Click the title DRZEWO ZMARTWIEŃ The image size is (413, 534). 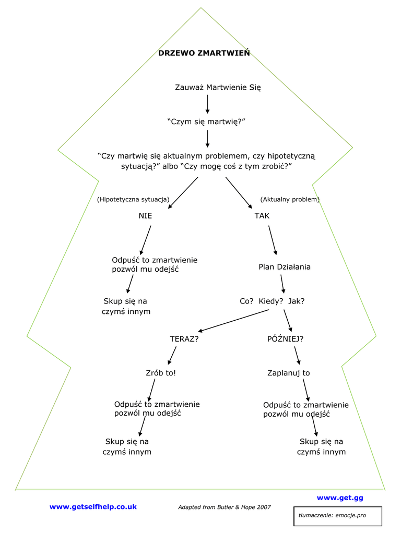(x=204, y=53)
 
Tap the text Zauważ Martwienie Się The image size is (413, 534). (x=218, y=87)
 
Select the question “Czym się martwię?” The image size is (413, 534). (x=206, y=122)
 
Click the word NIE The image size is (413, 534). (x=146, y=215)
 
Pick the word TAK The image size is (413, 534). (x=262, y=215)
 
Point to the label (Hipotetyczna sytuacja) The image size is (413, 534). (x=133, y=199)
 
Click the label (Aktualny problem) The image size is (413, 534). (x=290, y=199)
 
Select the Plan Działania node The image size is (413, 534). (x=285, y=267)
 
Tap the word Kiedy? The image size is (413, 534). (x=271, y=301)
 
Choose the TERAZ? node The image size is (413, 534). (x=184, y=338)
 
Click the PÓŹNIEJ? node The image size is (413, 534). (x=285, y=338)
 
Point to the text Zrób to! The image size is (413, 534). (x=161, y=373)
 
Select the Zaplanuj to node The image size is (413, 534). (x=289, y=373)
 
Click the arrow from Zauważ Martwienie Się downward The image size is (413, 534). (x=207, y=104)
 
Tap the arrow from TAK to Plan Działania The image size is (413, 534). (x=273, y=240)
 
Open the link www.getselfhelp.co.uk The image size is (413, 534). (x=93, y=506)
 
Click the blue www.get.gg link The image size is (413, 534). (x=340, y=497)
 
